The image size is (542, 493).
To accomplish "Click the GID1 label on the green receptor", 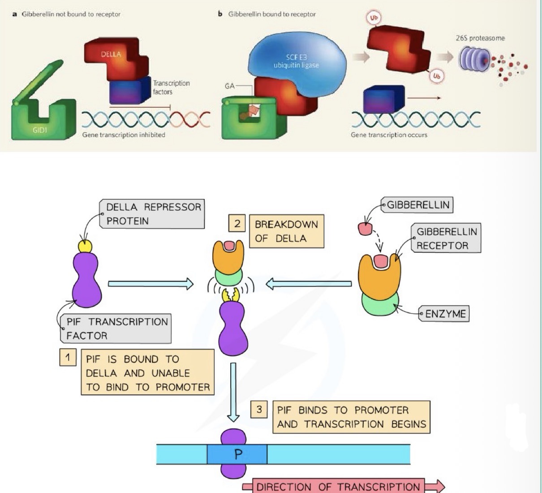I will [39, 130].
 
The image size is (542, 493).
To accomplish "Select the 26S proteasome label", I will [480, 38].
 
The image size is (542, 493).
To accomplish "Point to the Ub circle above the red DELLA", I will [374, 18].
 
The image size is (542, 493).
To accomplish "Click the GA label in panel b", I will [230, 86].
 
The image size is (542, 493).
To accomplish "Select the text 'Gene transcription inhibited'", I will [124, 135].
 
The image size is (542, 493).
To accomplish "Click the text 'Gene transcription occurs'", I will [389, 135].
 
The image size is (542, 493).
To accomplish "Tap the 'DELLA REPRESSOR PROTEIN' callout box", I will [153, 214].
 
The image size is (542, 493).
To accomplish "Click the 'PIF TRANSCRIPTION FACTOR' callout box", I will [116, 329].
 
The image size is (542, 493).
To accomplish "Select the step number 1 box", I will [68, 358].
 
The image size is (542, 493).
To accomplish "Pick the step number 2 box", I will [237, 223].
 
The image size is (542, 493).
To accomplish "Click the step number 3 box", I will [259, 409].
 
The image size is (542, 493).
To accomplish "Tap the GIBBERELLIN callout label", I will [417, 205].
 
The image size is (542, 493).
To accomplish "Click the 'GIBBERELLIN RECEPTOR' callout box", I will [446, 238].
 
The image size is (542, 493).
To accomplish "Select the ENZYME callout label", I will [445, 314].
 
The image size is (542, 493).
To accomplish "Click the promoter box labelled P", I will [237, 454].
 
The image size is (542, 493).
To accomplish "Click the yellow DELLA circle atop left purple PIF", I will [85, 246].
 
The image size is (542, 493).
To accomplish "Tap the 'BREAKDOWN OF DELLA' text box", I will [286, 231].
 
